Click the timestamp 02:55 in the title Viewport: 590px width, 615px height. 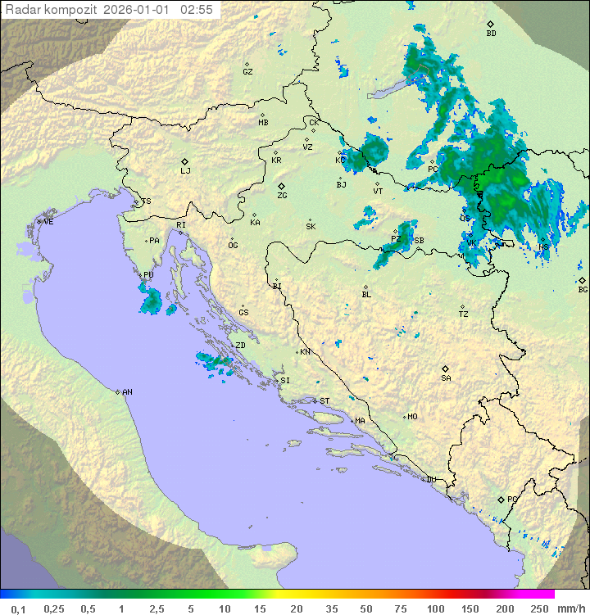coord(197,10)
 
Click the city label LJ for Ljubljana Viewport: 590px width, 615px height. coord(185,171)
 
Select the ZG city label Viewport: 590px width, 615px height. coord(282,196)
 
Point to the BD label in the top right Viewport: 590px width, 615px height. coord(491,34)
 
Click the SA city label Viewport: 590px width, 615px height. coord(446,378)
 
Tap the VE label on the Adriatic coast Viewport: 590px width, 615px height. coord(48,222)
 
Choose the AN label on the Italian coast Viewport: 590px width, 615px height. coord(127,392)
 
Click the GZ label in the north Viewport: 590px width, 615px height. coord(247,72)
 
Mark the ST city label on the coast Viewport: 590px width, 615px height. coord(324,401)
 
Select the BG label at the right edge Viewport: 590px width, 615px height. coord(583,290)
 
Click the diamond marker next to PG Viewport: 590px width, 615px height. coord(501,499)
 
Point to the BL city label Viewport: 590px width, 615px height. coord(366,295)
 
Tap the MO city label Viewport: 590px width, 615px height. coord(412,417)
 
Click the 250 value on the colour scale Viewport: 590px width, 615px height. coord(539,608)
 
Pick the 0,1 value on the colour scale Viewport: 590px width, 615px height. coord(19,608)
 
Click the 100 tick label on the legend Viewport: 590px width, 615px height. coord(435,608)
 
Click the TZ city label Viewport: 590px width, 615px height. coord(464,314)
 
